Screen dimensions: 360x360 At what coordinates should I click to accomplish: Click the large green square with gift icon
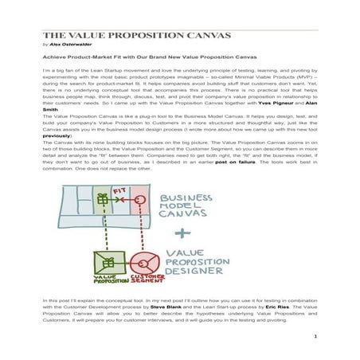pos(107,264)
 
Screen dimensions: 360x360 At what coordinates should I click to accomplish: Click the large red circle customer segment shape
pos(143,264)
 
